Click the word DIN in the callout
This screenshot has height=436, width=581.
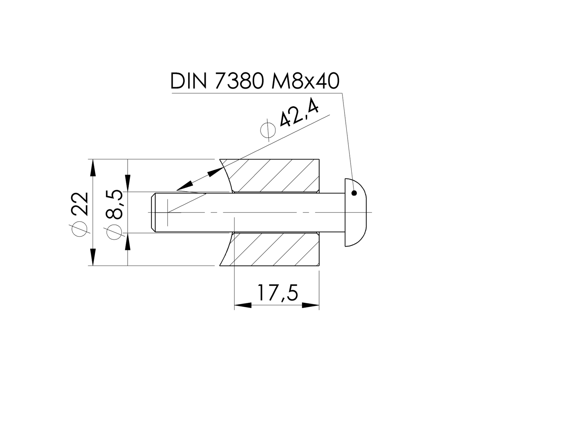click(x=188, y=82)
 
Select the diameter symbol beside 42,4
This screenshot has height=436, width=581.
click(x=268, y=130)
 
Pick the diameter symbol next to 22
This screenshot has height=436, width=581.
click(x=80, y=229)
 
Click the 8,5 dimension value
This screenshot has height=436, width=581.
click(x=114, y=204)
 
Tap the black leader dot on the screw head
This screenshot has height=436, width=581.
click(x=354, y=193)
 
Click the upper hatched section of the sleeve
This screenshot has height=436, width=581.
click(x=273, y=175)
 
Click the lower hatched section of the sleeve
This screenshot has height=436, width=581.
click(x=273, y=249)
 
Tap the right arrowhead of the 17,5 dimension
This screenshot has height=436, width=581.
click(x=310, y=305)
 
